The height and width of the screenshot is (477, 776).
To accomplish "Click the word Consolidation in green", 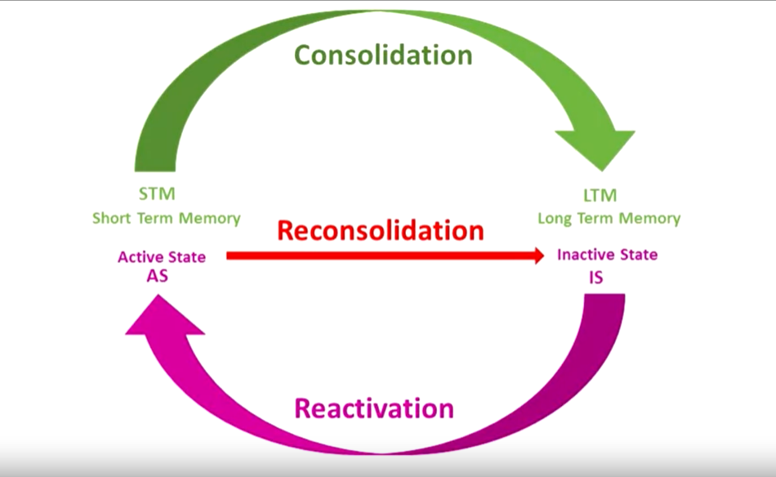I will (382, 55).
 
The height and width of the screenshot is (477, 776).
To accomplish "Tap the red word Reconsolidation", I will (380, 230).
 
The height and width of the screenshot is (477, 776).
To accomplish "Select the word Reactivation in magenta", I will (373, 408).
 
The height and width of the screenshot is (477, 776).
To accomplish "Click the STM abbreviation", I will (158, 194).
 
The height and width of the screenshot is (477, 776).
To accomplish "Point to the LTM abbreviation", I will (600, 195).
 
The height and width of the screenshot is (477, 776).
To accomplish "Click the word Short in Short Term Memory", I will (113, 218).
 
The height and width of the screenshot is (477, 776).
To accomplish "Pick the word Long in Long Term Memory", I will (555, 218).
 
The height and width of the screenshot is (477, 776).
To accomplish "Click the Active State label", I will (162, 257).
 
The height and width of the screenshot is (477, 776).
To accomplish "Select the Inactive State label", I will (607, 255).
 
